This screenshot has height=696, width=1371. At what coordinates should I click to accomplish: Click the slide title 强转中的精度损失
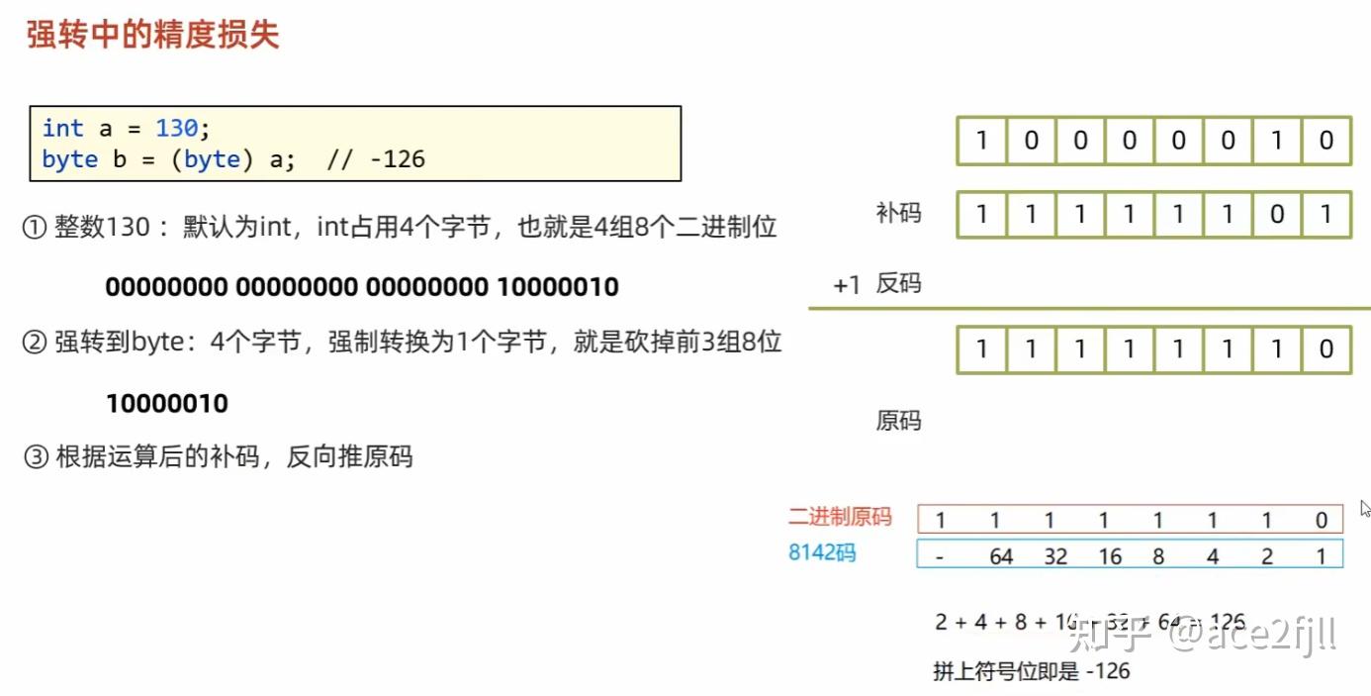(x=153, y=35)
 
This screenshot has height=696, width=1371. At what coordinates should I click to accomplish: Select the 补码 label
(x=898, y=213)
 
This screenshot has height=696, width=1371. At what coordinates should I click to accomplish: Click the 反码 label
(x=898, y=284)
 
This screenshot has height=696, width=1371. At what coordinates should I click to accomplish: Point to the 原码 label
(x=898, y=421)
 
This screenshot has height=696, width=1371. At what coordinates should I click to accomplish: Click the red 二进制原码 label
(x=840, y=517)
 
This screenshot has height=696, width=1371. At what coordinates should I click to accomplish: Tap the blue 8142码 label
(x=822, y=552)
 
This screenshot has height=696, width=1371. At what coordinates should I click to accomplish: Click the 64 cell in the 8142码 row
(x=1001, y=556)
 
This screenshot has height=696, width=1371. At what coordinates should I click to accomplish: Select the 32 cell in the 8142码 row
(x=1055, y=556)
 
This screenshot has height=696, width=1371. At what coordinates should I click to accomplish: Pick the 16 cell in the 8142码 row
(x=1110, y=556)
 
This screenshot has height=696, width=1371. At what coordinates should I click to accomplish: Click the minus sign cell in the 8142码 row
(x=940, y=556)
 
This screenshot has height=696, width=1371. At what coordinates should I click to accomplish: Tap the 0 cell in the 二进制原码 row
(x=1322, y=521)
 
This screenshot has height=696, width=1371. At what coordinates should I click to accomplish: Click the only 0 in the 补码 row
(x=1277, y=215)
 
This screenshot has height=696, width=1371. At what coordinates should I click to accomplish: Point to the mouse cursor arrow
(x=1364, y=508)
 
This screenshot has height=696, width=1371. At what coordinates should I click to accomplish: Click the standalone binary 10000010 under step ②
(x=166, y=404)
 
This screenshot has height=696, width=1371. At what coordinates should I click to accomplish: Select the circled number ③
(x=35, y=457)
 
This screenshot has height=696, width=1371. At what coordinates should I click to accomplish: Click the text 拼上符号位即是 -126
(x=1031, y=671)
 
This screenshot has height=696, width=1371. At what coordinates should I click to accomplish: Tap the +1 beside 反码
(x=847, y=285)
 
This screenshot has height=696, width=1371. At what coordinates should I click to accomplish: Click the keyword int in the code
(x=62, y=128)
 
